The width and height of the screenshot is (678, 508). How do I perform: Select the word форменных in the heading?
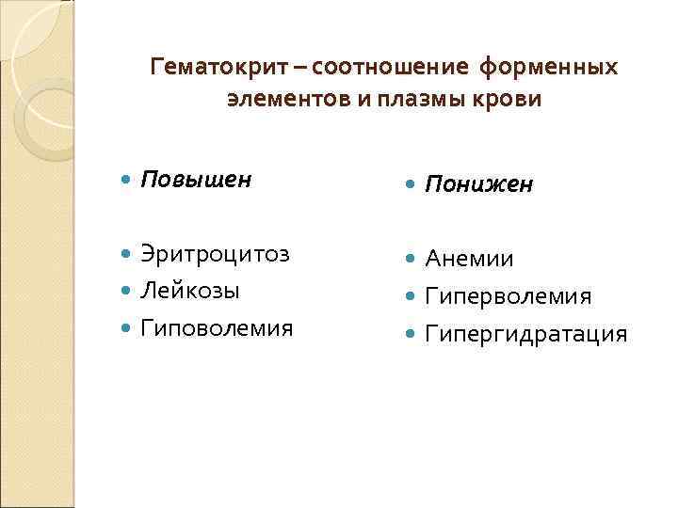tap(549, 69)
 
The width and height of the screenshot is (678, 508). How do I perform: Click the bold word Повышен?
tap(196, 180)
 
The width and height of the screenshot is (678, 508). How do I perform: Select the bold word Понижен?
tap(478, 183)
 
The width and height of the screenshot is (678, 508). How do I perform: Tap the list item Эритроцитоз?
tap(215, 254)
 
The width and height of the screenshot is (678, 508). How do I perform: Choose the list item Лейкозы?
tap(190, 290)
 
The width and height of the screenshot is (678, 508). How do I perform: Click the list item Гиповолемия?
tap(217, 327)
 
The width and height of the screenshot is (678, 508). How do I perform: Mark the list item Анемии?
tap(469, 259)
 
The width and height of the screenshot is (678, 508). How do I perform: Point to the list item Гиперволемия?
tap(508, 296)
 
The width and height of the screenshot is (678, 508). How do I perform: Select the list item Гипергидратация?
tap(525, 333)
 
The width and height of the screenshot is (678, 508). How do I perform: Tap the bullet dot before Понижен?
tap(411, 184)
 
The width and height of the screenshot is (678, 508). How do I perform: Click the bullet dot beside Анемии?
tap(411, 259)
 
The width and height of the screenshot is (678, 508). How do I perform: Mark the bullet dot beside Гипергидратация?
tap(411, 333)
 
